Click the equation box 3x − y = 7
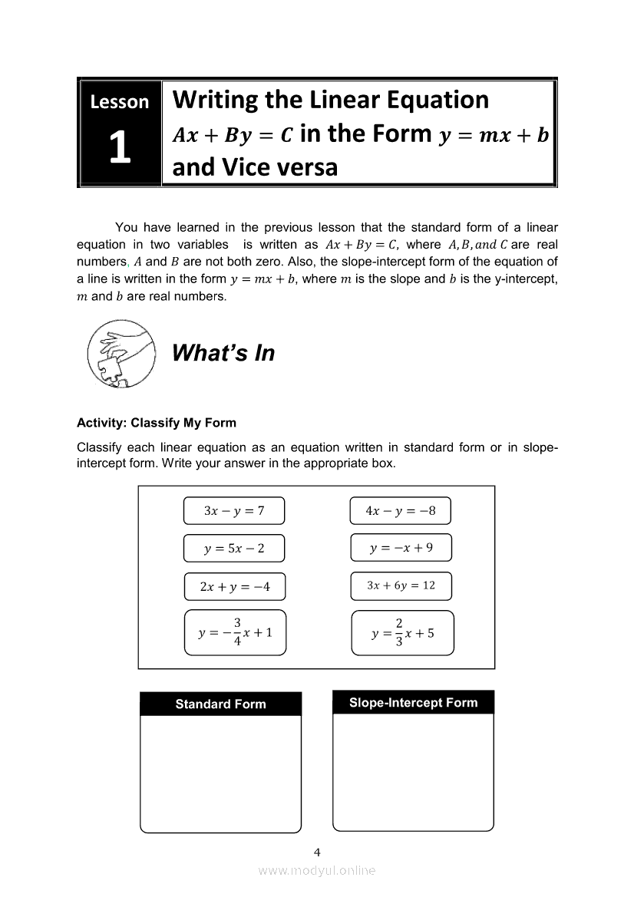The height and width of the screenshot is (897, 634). (234, 510)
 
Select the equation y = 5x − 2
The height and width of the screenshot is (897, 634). (234, 548)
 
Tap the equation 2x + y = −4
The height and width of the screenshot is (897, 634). (234, 587)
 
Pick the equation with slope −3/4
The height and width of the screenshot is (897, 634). (235, 632)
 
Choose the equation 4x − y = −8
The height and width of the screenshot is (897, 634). (401, 510)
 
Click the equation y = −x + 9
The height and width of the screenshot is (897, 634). (401, 547)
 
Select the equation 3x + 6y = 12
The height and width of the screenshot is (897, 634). (401, 585)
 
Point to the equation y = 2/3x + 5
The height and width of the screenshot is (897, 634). (402, 632)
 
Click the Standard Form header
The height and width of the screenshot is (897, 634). (220, 704)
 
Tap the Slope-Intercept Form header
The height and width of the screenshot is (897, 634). (413, 702)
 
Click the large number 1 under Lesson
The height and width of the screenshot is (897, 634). (119, 148)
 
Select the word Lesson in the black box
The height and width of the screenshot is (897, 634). (119, 101)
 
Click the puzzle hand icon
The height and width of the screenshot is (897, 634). (121, 355)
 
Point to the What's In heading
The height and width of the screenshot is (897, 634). (223, 353)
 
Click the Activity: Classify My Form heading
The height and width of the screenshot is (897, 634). (157, 423)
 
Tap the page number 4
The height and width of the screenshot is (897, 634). (317, 852)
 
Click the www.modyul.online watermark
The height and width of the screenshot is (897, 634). (317, 870)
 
